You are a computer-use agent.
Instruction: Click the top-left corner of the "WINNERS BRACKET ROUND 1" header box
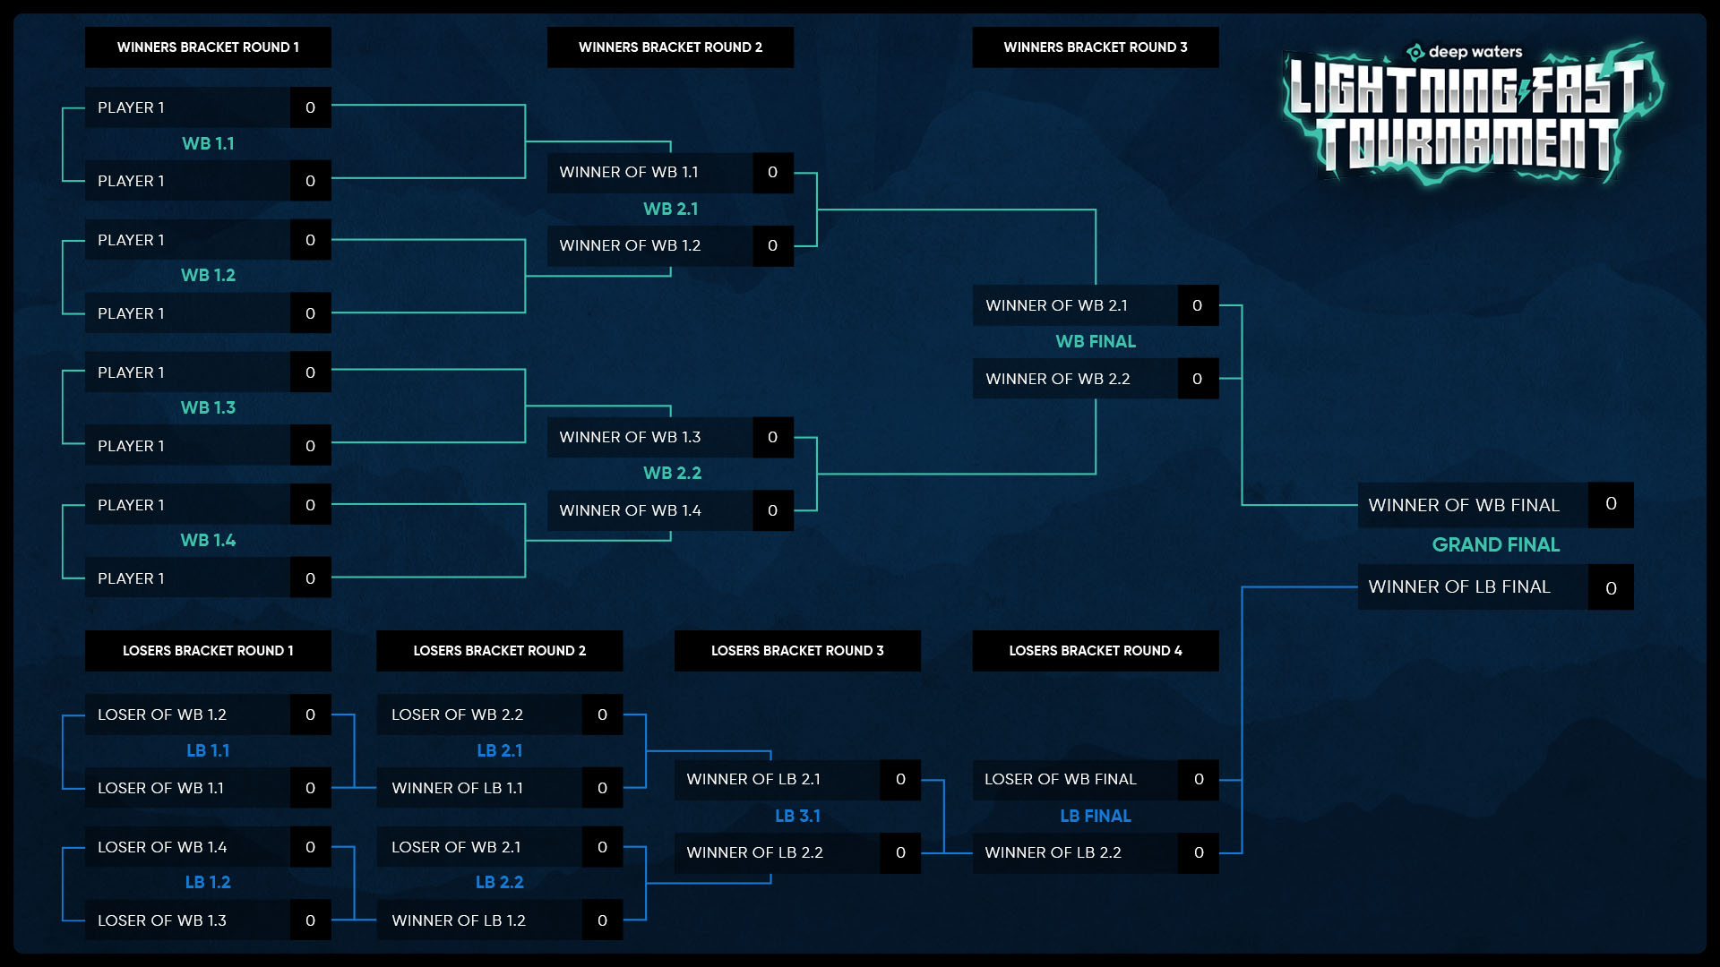pos(85,27)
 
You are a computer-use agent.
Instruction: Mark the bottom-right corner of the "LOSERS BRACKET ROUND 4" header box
pos(1219,672)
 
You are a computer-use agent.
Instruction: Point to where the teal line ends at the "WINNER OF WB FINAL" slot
pos(1358,505)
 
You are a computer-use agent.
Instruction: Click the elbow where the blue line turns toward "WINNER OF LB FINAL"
pos(1243,587)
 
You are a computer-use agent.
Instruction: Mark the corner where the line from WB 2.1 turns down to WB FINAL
pos(1096,210)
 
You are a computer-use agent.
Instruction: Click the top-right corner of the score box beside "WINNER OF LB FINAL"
pos(1634,564)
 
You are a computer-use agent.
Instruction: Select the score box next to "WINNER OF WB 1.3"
pos(773,437)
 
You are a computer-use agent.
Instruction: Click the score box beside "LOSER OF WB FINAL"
pos(1199,779)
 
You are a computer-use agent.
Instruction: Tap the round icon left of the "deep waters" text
pos(1415,52)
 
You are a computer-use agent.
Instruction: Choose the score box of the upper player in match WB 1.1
pos(311,107)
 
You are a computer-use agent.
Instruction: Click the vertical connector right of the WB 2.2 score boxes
pos(817,474)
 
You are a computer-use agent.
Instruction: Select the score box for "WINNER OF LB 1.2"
pos(602,920)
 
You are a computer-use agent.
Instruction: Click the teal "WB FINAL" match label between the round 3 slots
pos(1096,341)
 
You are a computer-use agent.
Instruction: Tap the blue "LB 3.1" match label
pos(797,816)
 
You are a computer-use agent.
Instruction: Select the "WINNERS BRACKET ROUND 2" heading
pos(670,47)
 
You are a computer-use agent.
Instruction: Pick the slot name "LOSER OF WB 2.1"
pos(456,847)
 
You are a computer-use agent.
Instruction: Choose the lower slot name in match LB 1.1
pos(160,788)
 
